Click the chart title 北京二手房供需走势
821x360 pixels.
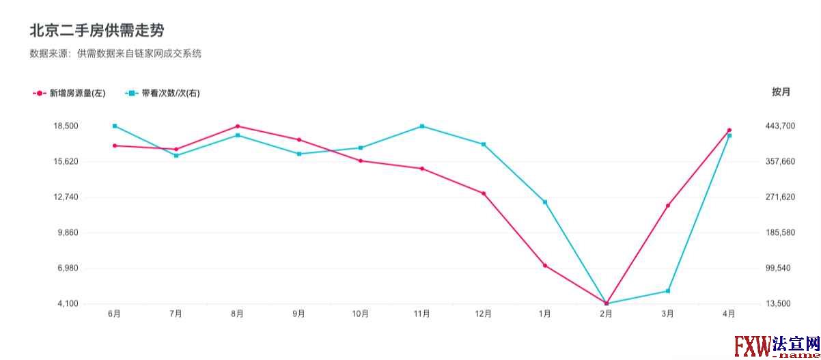[96, 31]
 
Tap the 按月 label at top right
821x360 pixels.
[781, 92]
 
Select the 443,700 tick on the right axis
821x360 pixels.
[781, 126]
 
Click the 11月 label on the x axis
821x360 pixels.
[421, 314]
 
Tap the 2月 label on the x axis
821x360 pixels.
[606, 314]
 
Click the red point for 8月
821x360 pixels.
[238, 126]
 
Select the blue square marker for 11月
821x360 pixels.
[422, 126]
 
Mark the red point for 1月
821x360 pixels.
[545, 266]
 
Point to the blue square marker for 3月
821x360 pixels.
[668, 292]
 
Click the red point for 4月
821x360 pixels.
[729, 130]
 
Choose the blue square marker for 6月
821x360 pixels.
[115, 126]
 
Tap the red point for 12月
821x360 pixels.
[484, 193]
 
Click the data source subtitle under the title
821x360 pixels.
[115, 53]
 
